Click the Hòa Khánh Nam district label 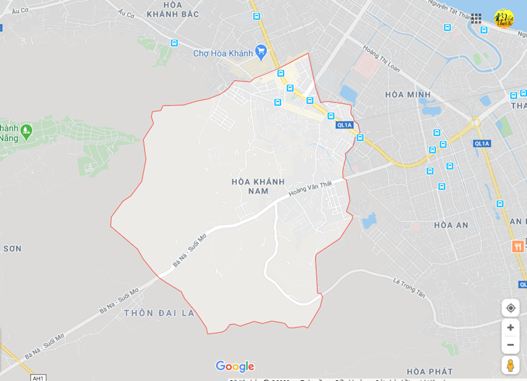pyautogui.click(x=250, y=186)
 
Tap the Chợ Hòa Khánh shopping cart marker pyautogui.click(x=261, y=51)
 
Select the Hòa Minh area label pyautogui.click(x=408, y=94)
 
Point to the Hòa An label pyautogui.click(x=451, y=225)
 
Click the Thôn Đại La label pyautogui.click(x=159, y=313)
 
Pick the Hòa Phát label pyautogui.click(x=429, y=371)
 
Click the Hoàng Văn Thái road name pyautogui.click(x=310, y=189)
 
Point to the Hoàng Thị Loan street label pyautogui.click(x=381, y=58)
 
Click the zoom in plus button pyautogui.click(x=511, y=328)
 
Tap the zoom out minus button pyautogui.click(x=511, y=345)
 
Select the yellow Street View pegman pyautogui.click(x=511, y=365)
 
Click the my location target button pyautogui.click(x=511, y=308)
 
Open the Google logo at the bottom pyautogui.click(x=235, y=367)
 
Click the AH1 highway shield pyautogui.click(x=38, y=378)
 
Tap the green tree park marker pyautogui.click(x=26, y=131)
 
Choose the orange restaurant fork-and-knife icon pyautogui.click(x=518, y=246)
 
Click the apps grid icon pyautogui.click(x=476, y=18)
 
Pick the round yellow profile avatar pyautogui.click(x=504, y=18)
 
